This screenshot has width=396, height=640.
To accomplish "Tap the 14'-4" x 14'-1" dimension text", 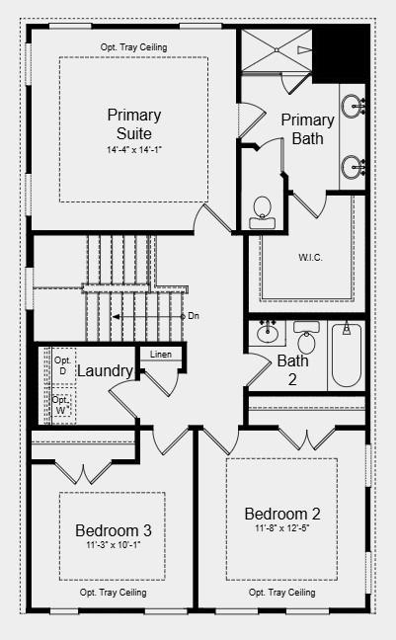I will [x=133, y=150].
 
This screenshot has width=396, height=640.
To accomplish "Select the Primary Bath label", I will [x=307, y=128].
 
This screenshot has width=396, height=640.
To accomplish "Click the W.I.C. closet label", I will [x=311, y=258].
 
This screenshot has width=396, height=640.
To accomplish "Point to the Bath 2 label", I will [x=292, y=369].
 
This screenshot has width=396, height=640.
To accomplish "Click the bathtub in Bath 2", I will [x=346, y=356].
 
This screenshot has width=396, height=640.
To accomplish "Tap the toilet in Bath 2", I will [x=305, y=342].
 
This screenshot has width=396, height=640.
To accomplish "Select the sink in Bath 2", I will [x=267, y=333].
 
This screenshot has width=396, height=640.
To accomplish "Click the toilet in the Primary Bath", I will [x=262, y=209].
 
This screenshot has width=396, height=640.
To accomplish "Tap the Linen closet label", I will [x=160, y=355].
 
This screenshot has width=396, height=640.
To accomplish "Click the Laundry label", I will [x=105, y=371].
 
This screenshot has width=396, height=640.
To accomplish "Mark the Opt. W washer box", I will [x=61, y=405].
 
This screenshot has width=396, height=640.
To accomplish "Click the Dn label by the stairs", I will [x=194, y=316].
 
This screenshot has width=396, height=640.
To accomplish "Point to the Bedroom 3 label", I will [x=114, y=531].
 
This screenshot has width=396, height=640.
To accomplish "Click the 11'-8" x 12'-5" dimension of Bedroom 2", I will [x=282, y=528].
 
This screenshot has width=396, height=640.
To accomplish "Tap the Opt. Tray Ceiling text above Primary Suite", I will [x=133, y=47].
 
